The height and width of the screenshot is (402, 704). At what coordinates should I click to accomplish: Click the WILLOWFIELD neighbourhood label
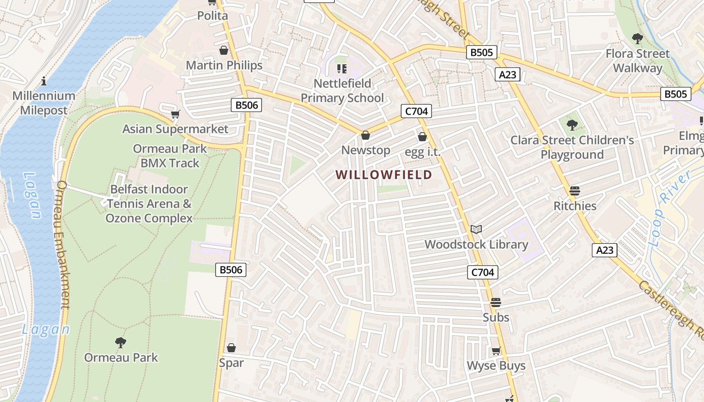384,175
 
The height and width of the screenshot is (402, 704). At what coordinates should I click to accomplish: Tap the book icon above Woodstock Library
476,230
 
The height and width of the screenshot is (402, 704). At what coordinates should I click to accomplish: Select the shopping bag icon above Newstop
366,135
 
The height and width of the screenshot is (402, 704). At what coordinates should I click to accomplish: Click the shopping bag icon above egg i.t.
422,137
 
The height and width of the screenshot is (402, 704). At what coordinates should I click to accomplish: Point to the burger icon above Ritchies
575,191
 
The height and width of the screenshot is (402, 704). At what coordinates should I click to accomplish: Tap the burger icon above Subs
496,303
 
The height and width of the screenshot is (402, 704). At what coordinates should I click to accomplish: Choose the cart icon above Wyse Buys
496,351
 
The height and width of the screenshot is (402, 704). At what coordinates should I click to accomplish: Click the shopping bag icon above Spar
231,348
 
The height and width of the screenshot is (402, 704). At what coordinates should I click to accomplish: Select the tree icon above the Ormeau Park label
121,343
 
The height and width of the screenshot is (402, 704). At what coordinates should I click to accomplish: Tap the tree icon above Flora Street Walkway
638,38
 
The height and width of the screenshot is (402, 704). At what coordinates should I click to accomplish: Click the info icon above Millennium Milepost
44,81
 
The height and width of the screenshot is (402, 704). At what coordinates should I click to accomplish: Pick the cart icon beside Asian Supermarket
175,115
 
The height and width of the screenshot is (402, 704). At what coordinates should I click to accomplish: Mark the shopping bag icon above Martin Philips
224,50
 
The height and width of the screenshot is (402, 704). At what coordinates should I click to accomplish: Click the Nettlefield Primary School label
342,90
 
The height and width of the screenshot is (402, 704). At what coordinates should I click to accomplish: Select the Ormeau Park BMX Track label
170,156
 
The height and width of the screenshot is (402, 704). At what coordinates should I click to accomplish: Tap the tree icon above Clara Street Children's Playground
572,125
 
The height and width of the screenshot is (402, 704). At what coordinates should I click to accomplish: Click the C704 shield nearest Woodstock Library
483,272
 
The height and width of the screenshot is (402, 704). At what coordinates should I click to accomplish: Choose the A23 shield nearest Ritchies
604,250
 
